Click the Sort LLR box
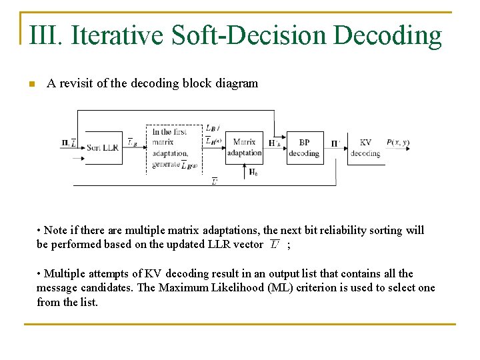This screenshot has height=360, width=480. (102, 147)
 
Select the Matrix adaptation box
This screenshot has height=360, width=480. (244, 147)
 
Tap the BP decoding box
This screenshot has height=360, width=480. (304, 147)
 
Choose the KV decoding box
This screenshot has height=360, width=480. (365, 147)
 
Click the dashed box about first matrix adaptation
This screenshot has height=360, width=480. (173, 149)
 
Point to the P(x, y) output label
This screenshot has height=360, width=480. (397, 142)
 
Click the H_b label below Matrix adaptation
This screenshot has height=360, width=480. (253, 171)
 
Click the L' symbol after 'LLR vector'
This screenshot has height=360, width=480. (275, 245)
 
